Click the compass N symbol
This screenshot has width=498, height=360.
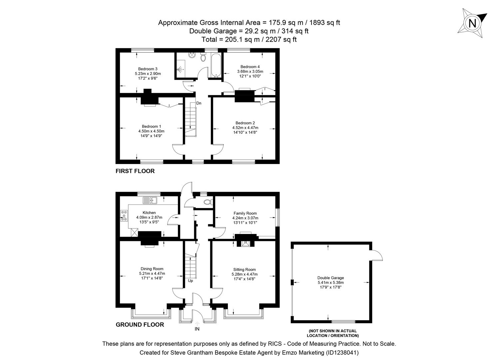(472, 23)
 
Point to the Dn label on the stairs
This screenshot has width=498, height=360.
(199, 103)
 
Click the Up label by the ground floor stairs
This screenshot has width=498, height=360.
(191, 281)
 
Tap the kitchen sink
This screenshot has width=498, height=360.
(150, 200)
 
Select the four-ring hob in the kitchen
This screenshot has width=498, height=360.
(124, 215)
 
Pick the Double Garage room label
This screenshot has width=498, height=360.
(330, 278)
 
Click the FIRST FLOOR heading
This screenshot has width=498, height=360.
(135, 171)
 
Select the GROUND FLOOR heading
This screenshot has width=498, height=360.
(140, 325)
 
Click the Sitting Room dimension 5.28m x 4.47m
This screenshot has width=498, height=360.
(245, 274)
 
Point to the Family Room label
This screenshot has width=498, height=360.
(245, 213)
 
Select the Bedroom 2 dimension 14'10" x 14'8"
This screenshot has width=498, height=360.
(245, 132)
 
